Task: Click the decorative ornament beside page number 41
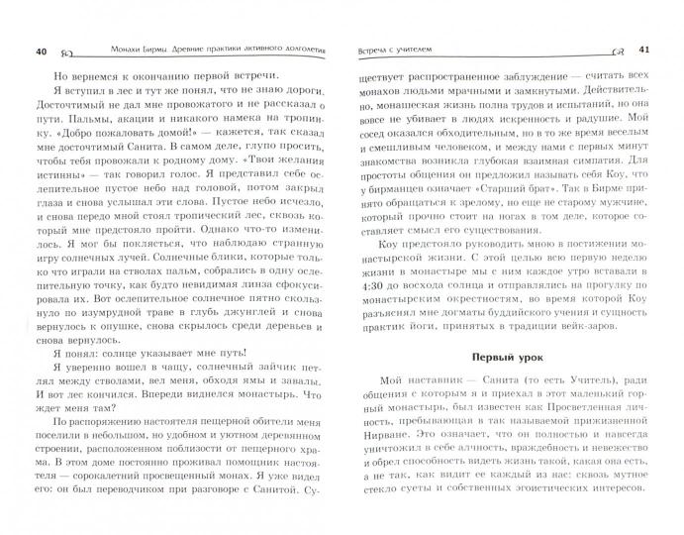coord(620,52)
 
